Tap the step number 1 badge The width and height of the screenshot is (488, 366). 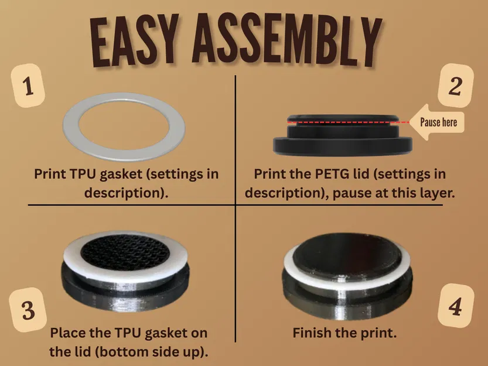point(28,85)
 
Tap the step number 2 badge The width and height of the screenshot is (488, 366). point(455,86)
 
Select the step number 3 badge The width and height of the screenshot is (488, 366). point(28,310)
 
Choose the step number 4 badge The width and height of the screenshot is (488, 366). point(455,306)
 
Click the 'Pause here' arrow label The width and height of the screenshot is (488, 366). point(436,122)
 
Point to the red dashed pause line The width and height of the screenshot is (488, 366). point(348,122)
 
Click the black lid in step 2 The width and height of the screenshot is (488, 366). point(342,146)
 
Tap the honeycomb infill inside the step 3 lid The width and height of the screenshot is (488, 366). point(125,251)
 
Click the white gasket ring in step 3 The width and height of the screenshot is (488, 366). point(71,265)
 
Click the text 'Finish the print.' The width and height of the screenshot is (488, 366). point(344,333)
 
